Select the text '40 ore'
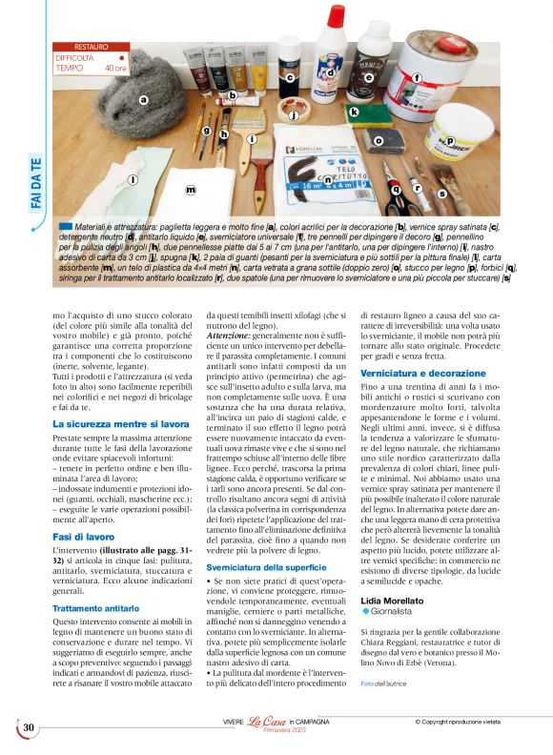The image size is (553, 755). tap(115, 69)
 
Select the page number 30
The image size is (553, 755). tap(29, 727)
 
